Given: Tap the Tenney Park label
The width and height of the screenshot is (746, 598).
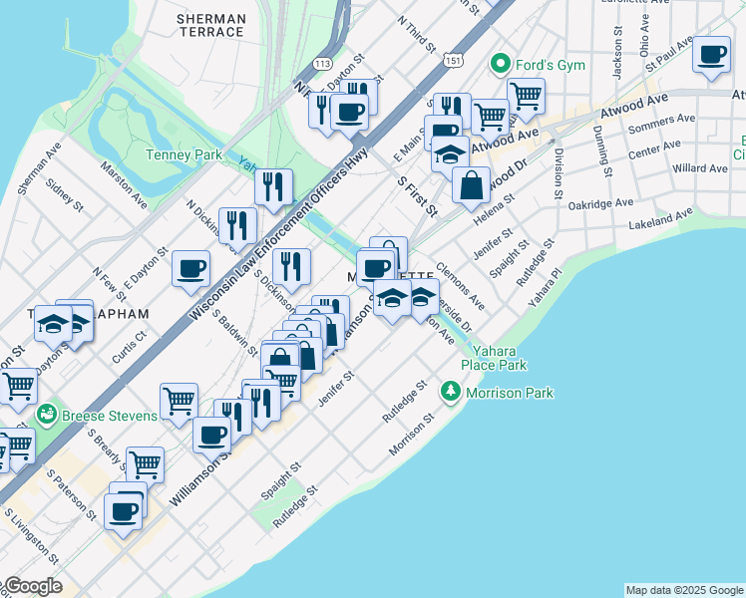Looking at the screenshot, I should click(184, 154).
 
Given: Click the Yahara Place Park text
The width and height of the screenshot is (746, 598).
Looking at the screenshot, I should click(496, 358).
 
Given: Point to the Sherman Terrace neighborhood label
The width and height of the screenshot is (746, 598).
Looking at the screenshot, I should click(209, 25).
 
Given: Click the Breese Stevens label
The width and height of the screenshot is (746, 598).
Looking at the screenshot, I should click(110, 415).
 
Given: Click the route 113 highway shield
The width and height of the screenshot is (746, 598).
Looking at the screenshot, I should click(322, 64).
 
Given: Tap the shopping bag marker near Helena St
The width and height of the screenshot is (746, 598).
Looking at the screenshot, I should click(471, 184).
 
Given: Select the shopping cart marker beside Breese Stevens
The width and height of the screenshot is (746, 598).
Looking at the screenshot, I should click(179, 401).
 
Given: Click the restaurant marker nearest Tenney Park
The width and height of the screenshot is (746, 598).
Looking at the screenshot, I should click(272, 186).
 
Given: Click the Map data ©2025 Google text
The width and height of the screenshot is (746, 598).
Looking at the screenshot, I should click(684, 590).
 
